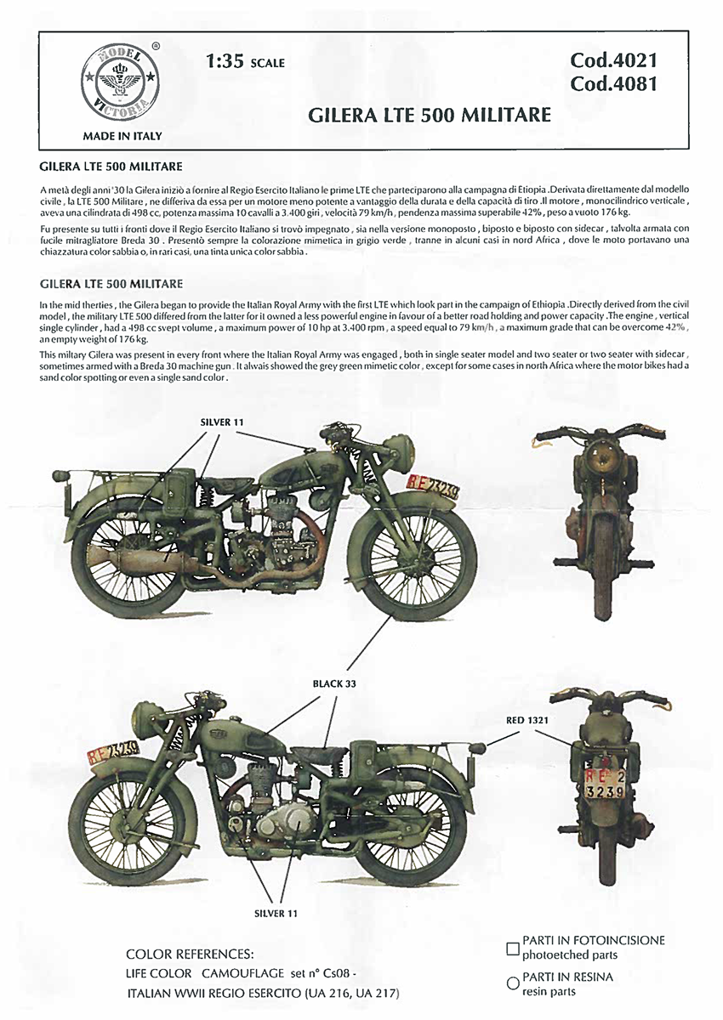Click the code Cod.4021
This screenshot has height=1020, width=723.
click(x=614, y=60)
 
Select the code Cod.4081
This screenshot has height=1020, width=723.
click(x=614, y=84)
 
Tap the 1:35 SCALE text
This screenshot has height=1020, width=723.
click(x=245, y=62)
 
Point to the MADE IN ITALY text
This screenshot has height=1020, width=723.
click(x=122, y=135)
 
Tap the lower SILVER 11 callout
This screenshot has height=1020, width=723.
click(x=277, y=915)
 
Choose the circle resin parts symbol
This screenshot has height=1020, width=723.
click(x=512, y=983)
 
